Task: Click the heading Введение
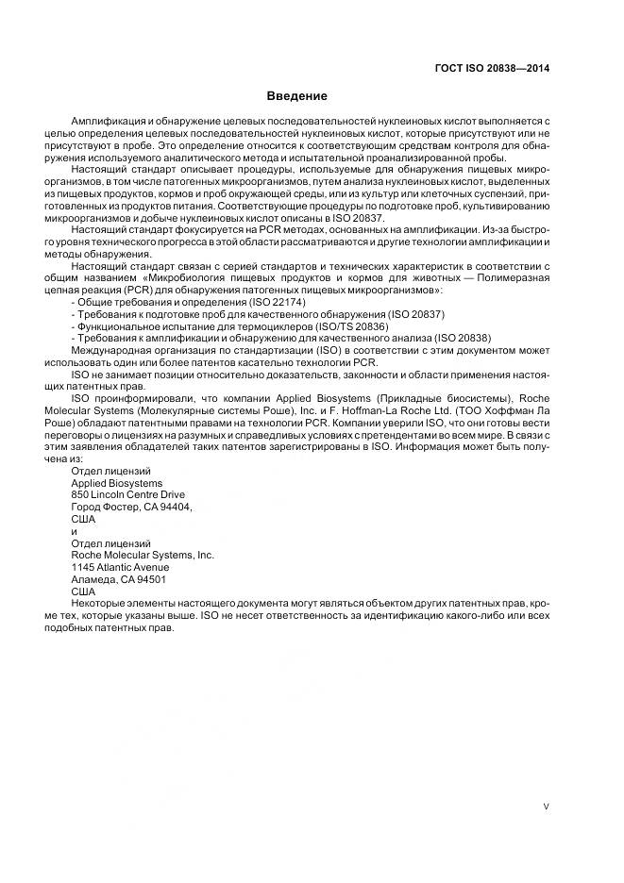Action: [x=296, y=96]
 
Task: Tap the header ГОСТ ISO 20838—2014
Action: [x=492, y=68]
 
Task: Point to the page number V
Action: [x=547, y=807]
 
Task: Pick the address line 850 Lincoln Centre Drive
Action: [x=128, y=494]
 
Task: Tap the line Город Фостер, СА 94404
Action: [x=131, y=507]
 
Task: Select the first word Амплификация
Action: [x=110, y=124]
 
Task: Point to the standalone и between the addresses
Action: [x=75, y=531]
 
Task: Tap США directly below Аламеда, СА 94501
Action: [x=83, y=591]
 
